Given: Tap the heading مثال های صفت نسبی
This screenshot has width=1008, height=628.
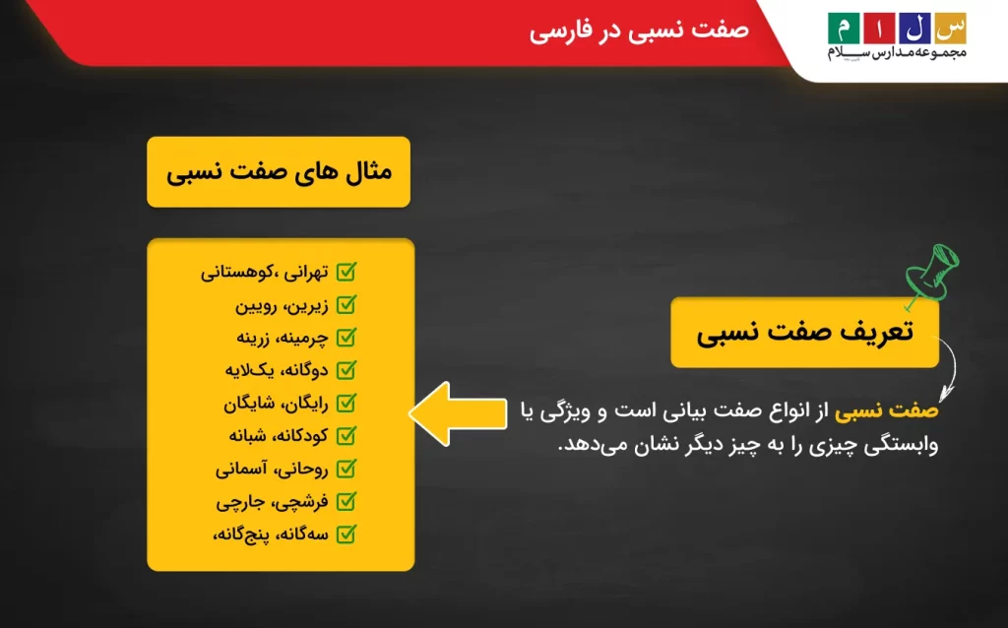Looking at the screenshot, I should [x=279, y=172].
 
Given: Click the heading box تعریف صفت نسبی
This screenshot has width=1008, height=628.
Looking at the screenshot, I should [x=804, y=333].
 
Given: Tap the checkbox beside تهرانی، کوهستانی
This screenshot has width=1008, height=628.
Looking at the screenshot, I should [x=346, y=272].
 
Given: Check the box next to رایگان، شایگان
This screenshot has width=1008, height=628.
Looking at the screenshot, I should [x=346, y=404].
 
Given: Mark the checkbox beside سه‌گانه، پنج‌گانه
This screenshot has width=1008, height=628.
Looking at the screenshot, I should [x=346, y=534].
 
